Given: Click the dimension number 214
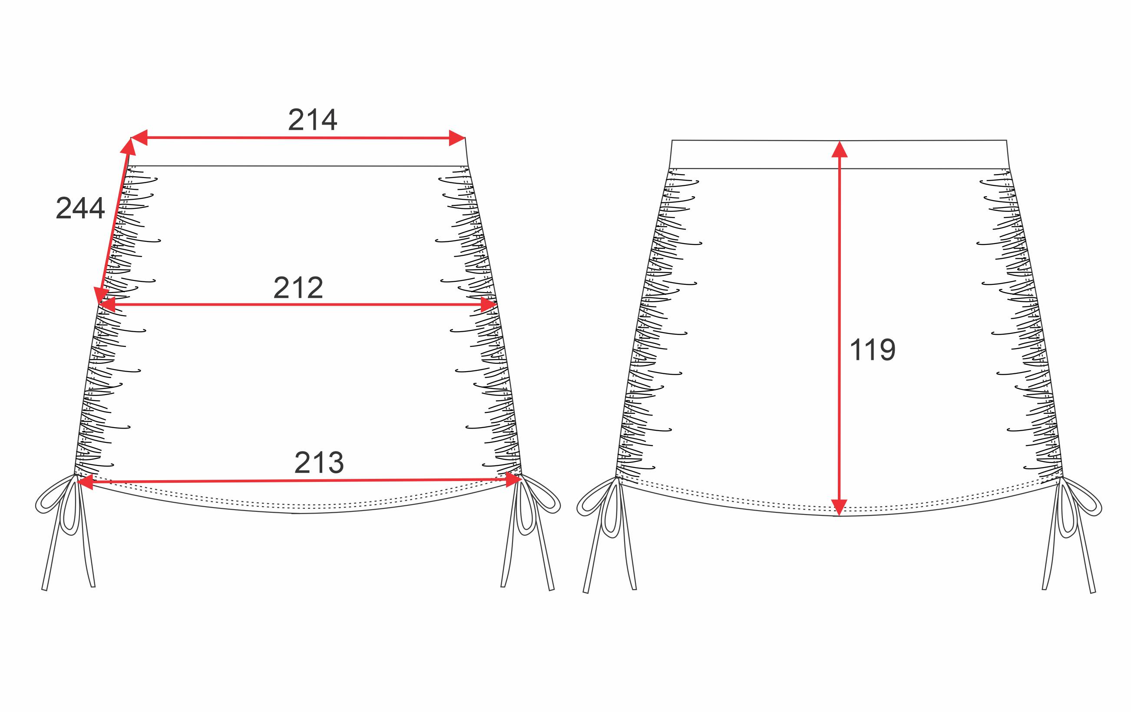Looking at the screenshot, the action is point(312,120).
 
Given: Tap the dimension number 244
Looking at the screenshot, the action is point(80,208).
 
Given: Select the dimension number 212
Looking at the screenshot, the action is point(298,287).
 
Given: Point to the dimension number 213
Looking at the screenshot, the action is point(319,463).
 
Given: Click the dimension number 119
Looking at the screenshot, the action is point(873,349).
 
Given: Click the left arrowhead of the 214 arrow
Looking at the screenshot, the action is point(139,138).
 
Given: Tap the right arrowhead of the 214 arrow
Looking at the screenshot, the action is point(456,138).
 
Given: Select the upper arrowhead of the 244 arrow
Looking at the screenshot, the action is point(128,146).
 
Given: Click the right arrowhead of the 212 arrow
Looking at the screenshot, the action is point(489,305).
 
